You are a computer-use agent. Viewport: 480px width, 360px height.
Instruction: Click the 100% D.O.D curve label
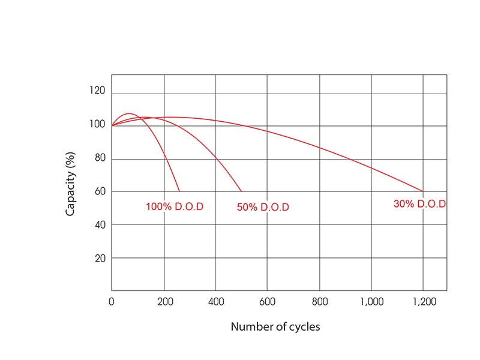[x=175, y=206]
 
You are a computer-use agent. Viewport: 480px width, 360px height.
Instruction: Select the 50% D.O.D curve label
[x=263, y=208]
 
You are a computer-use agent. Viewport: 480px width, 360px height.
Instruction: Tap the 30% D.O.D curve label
[x=419, y=204]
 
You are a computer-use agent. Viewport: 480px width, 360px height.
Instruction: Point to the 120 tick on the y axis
[x=98, y=91]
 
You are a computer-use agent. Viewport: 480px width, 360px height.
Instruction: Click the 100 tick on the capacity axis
[x=98, y=125]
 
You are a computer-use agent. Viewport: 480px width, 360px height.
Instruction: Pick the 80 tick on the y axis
[x=100, y=158]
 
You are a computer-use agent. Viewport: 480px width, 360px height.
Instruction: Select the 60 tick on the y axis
[x=100, y=191]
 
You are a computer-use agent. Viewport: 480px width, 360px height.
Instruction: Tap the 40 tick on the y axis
[x=100, y=224]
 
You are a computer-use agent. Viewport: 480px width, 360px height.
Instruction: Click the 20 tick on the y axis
[x=100, y=258]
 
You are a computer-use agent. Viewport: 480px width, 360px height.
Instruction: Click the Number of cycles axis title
[x=275, y=327]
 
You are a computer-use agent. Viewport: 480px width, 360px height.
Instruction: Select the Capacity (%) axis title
[x=70, y=183]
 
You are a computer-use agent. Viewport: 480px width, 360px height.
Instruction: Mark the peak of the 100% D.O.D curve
[x=130, y=113]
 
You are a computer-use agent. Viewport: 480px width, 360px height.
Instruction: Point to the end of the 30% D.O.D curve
[x=423, y=191]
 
